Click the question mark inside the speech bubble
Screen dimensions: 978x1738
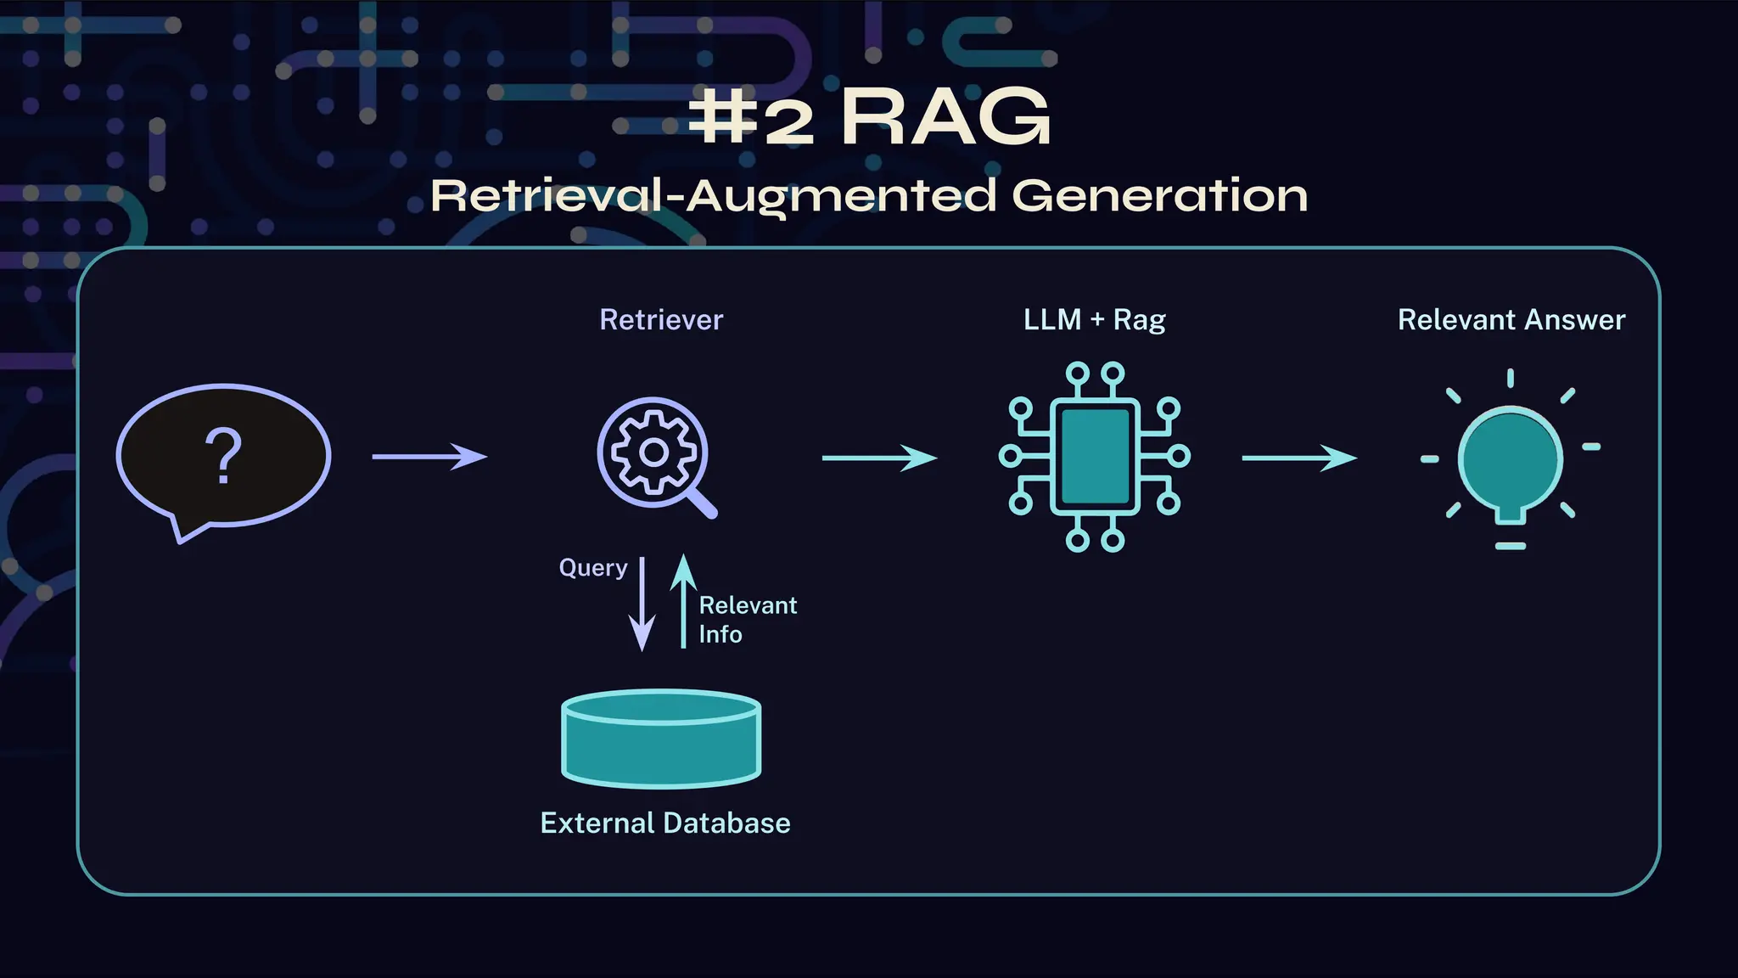point(223,457)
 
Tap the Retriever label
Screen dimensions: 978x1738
point(661,320)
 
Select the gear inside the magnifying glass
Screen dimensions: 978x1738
point(653,452)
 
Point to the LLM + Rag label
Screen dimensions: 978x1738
point(1094,320)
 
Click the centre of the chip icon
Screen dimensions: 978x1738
point(1095,457)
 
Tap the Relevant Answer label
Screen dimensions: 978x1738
point(1511,320)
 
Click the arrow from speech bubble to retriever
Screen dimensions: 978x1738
point(429,457)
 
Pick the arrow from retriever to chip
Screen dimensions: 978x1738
point(879,458)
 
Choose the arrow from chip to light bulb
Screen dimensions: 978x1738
point(1299,458)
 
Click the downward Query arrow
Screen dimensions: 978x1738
point(642,604)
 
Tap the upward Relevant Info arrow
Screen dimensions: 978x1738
point(683,600)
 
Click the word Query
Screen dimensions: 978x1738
point(592,568)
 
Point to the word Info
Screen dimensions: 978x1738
point(720,635)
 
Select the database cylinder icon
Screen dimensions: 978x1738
point(661,738)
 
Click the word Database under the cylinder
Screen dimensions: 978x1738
point(726,823)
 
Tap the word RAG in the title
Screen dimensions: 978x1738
point(945,119)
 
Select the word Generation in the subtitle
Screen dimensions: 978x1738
point(1159,196)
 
